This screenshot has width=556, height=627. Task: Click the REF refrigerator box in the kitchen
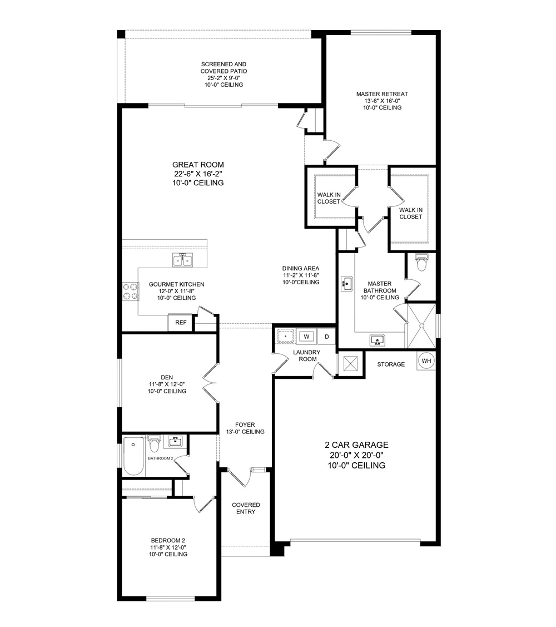[181, 323]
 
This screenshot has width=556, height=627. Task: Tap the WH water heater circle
[426, 361]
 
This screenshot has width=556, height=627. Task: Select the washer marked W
[306, 337]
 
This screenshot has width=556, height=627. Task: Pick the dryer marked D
[327, 337]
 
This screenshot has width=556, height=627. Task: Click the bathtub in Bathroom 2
[133, 456]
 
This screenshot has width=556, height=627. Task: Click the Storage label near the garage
[391, 364]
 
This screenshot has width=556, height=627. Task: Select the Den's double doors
[211, 384]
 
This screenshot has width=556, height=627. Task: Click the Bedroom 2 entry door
[202, 504]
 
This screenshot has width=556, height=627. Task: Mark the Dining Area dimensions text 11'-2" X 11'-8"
[301, 275]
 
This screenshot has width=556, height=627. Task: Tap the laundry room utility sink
[285, 337]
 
